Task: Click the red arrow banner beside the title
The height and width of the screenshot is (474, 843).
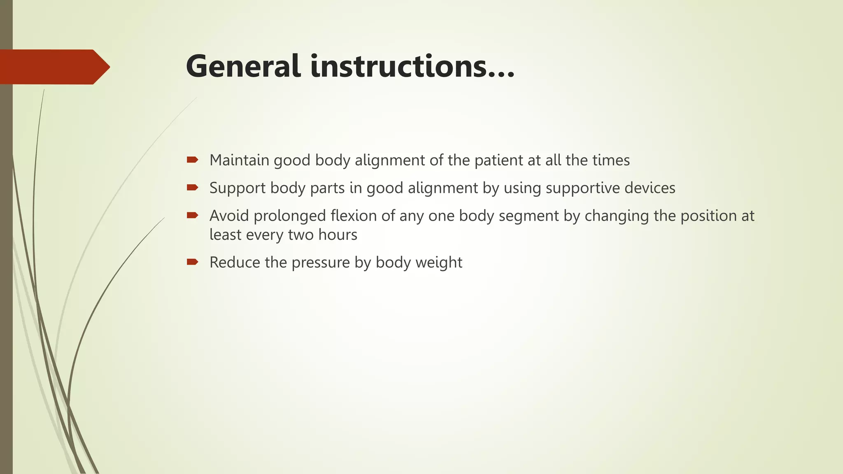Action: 54,67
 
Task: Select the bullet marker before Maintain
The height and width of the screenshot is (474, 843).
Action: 192,160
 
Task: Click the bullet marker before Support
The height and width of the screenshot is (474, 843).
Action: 192,188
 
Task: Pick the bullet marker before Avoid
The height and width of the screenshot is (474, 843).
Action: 192,215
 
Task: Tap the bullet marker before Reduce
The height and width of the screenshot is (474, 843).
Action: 192,262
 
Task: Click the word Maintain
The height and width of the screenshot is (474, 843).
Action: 239,160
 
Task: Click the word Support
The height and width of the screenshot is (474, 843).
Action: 238,188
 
